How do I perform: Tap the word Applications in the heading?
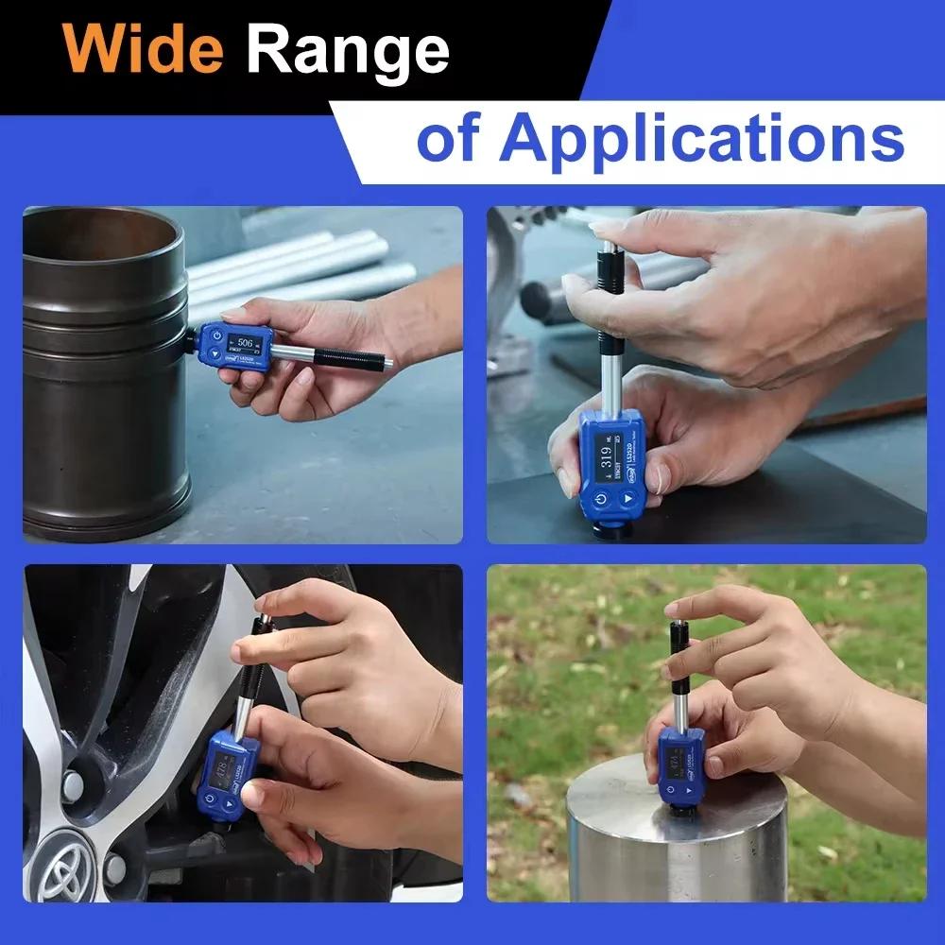[x=700, y=139]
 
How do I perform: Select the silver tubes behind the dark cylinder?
[x=302, y=265]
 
